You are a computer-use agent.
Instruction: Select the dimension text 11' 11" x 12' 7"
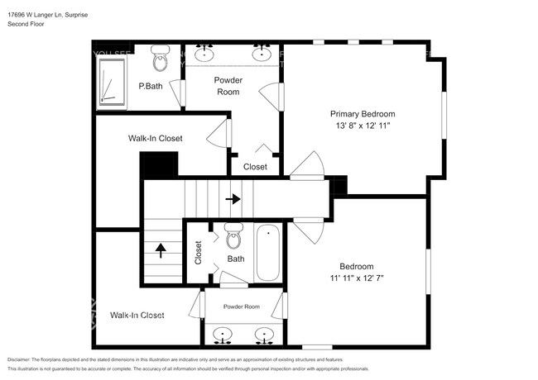click(x=356, y=278)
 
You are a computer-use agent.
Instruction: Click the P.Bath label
click(x=150, y=86)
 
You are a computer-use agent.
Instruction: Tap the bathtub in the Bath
click(x=268, y=254)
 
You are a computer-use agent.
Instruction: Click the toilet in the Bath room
click(x=233, y=236)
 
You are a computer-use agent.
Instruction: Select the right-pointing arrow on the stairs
click(x=233, y=198)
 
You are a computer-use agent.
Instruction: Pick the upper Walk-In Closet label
click(x=155, y=138)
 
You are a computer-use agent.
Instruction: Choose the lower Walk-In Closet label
click(x=137, y=315)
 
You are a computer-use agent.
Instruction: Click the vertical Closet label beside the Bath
click(x=198, y=252)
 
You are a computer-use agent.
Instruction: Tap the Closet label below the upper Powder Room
click(x=255, y=166)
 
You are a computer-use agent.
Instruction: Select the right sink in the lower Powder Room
click(x=264, y=335)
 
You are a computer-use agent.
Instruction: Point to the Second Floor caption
click(x=26, y=25)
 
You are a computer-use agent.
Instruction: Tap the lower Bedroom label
click(x=356, y=266)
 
